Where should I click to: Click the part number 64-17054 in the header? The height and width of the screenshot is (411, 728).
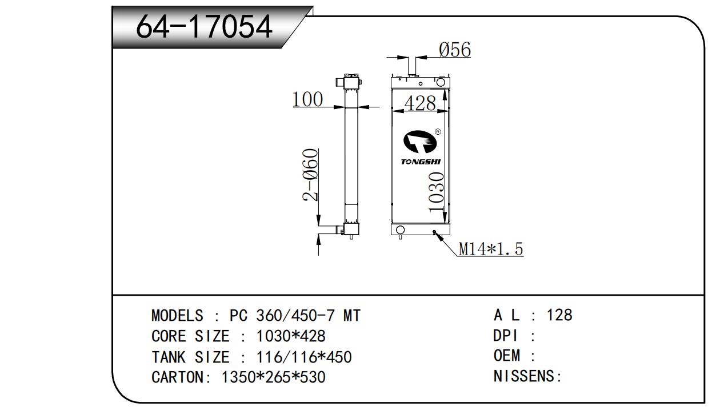204,27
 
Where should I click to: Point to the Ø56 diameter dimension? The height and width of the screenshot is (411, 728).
455,50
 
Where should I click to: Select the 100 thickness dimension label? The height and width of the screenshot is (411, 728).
308,99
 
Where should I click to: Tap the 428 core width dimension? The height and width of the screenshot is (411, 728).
420,103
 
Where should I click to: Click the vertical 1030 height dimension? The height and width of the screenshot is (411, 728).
436,192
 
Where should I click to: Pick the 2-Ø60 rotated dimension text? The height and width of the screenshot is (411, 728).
310,175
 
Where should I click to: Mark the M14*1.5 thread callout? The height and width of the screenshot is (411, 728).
491,249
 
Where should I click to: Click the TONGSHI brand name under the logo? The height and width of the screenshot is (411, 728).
421,162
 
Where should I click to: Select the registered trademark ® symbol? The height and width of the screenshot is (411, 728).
438,132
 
